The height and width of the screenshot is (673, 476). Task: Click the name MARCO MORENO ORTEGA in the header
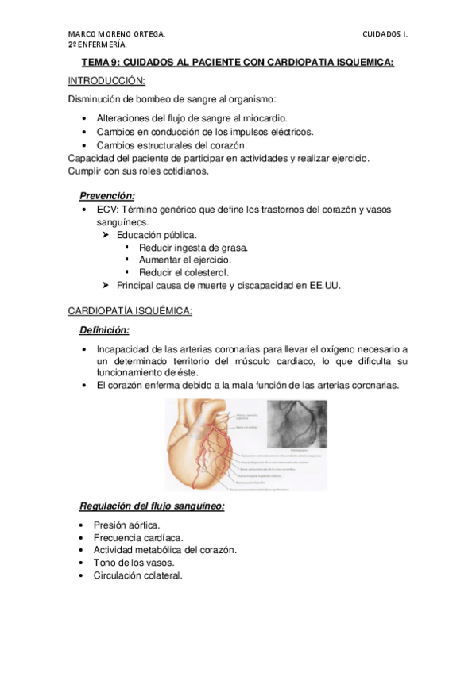click(117, 34)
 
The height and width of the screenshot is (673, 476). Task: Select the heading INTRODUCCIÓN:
click(106, 81)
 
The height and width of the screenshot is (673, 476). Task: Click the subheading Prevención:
click(107, 195)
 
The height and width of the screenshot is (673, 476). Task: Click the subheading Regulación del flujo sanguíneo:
click(152, 506)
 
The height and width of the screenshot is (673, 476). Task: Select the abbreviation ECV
click(107, 209)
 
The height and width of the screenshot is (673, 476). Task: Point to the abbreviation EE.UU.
click(323, 285)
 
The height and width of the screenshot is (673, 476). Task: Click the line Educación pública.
click(157, 235)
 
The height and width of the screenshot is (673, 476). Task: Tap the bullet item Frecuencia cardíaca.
click(136, 537)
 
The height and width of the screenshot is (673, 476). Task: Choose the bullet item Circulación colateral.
click(137, 575)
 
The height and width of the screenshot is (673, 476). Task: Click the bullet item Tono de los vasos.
click(130, 563)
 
